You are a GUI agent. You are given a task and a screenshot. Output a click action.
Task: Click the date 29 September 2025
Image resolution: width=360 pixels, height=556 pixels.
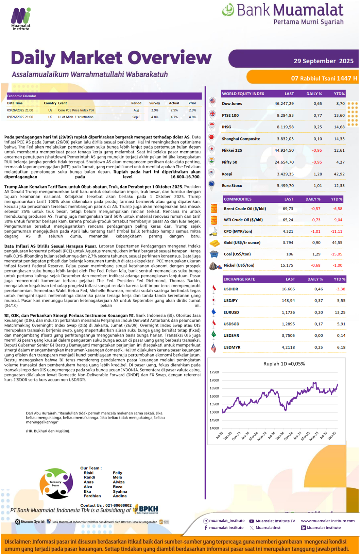coord(323,61)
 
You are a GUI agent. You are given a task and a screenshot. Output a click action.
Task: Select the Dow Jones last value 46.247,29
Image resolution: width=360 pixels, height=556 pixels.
coord(284,103)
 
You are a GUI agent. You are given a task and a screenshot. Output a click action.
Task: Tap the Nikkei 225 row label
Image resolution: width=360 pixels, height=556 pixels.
coord(232,150)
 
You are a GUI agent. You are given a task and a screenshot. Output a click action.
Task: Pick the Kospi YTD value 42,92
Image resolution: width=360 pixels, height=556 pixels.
coord(339,174)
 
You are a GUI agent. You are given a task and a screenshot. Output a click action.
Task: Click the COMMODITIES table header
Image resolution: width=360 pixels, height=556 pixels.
coord(238,199)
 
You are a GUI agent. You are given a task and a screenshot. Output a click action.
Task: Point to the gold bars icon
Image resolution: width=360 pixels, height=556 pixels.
coord(214,243)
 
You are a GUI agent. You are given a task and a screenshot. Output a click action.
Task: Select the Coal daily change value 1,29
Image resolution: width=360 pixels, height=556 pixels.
coord(316,254)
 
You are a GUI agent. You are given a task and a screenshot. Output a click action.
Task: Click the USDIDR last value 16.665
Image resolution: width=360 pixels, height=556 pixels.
coord(288,289)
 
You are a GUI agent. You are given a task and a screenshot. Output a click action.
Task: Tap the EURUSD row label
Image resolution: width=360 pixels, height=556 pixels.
coord(231,312)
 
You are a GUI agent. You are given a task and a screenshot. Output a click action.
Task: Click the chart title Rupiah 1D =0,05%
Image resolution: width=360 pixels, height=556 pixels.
coord(284,364)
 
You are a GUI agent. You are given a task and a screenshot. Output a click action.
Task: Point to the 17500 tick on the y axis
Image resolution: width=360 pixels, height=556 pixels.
coord(214,372)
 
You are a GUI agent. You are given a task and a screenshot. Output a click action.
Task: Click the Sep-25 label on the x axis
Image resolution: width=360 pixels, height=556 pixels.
coord(331,435)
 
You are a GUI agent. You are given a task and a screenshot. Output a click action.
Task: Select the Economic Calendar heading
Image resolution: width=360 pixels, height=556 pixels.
coord(22,96)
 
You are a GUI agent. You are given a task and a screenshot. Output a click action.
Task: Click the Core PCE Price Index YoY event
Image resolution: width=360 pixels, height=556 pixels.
coord(76,110)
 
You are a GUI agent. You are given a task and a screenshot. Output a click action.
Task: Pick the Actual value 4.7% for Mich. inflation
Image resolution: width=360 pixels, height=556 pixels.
coord(174,117)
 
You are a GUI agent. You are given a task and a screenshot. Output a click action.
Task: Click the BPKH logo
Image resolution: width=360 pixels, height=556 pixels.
coord(146,509)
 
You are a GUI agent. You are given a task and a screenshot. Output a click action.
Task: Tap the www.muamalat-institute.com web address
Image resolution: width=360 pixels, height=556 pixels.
coord(328,521)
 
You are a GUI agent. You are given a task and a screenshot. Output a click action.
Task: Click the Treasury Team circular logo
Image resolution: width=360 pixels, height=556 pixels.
coord(56,483)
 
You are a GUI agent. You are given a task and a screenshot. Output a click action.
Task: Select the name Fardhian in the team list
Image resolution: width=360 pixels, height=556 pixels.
coord(92,496)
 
